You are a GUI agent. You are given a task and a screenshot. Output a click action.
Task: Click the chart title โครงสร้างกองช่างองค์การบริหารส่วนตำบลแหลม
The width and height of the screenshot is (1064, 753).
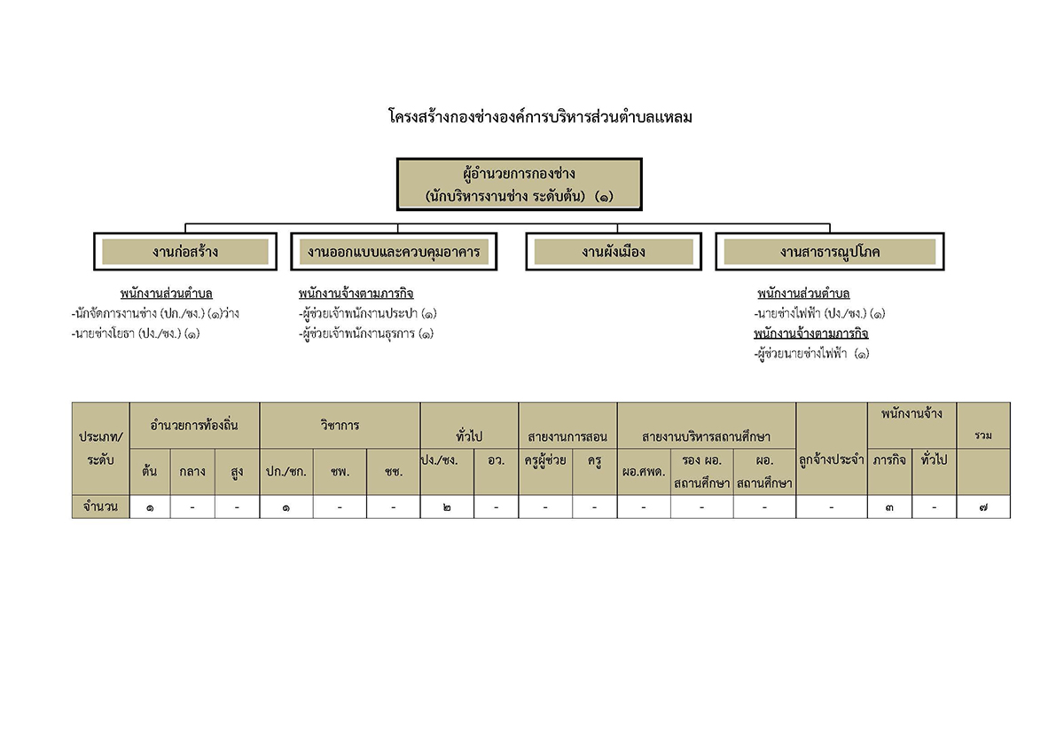[x=540, y=117]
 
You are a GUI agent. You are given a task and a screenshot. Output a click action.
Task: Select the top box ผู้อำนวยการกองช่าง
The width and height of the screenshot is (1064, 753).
[x=520, y=184]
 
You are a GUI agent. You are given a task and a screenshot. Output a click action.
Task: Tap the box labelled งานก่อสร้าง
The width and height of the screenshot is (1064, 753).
[x=185, y=251]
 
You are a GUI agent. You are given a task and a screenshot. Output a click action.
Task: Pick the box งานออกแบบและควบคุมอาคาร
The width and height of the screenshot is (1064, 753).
[x=394, y=251]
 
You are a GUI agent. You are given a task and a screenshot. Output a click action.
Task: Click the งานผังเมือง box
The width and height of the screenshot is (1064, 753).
[x=614, y=251]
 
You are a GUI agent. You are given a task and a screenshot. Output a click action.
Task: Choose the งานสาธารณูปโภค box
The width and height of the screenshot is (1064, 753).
[x=829, y=251]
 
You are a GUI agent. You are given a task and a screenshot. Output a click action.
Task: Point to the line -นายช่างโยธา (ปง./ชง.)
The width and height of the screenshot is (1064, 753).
[x=136, y=334]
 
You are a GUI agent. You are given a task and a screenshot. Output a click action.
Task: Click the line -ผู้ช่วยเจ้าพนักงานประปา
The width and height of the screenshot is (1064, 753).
[x=368, y=314]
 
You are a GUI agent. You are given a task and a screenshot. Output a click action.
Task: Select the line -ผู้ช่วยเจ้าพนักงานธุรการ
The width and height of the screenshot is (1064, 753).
[x=366, y=334]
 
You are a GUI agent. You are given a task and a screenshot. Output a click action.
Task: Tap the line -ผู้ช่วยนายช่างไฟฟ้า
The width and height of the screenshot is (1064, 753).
[x=812, y=354]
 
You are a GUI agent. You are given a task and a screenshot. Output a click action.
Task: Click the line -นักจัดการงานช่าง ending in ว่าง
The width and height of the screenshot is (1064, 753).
[x=155, y=314]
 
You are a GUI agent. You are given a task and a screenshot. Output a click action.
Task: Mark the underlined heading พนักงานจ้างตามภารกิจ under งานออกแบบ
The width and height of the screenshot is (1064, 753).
[x=356, y=294]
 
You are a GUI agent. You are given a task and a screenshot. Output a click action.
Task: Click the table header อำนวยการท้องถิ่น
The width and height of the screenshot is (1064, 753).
[x=194, y=425]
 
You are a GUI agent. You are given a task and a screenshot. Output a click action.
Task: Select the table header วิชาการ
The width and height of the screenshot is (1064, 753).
[x=340, y=425]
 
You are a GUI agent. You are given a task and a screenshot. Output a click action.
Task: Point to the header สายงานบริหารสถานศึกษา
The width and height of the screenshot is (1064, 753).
[x=707, y=436]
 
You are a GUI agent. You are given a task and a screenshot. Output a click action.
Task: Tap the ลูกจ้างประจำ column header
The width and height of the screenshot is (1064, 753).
[x=832, y=460]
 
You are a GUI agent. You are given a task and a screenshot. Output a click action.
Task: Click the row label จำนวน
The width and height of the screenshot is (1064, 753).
[x=100, y=507]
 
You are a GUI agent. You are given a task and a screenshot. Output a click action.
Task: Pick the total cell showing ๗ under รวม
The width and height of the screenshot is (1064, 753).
[x=983, y=507]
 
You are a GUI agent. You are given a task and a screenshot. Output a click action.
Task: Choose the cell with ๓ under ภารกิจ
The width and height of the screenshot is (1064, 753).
[x=889, y=507]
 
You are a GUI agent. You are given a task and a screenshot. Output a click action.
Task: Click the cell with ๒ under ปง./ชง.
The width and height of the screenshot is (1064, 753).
[x=447, y=507]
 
